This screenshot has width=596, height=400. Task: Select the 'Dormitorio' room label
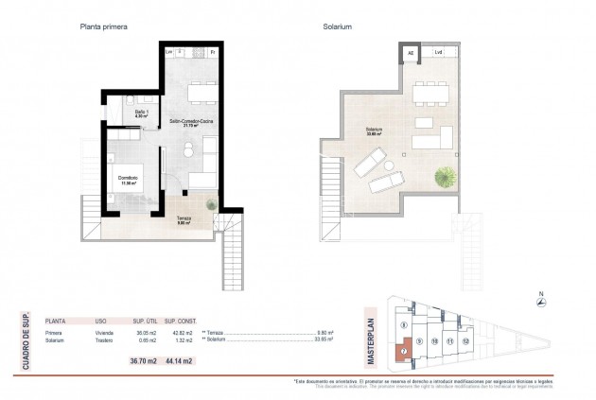coord(129,178)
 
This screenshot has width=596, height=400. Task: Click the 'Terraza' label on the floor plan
coord(184,220)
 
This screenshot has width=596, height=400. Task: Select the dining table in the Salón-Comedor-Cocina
coord(202,92)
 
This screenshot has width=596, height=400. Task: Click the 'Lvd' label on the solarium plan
coord(436,53)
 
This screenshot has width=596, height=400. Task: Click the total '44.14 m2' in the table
coord(179,361)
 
